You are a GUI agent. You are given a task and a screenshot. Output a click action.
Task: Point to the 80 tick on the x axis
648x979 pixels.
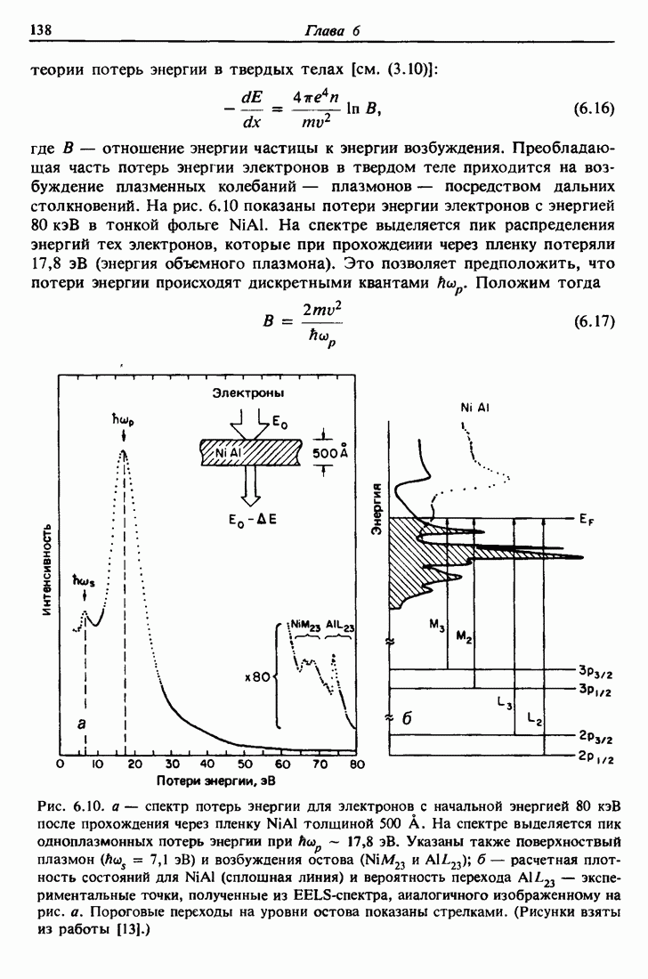click(x=358, y=764)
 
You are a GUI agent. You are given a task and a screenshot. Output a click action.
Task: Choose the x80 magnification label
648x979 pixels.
click(x=255, y=676)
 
